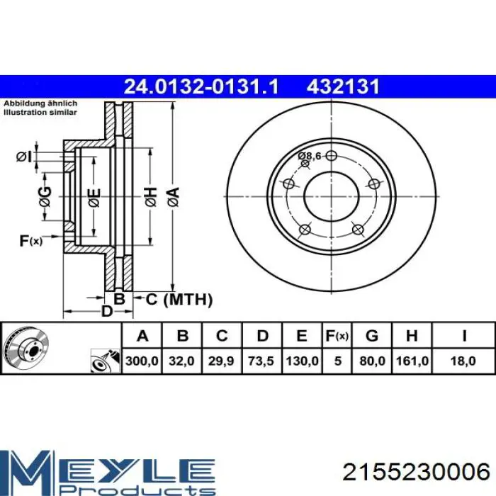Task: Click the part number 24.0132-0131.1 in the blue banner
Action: [x=201, y=86]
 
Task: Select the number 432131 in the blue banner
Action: [x=343, y=86]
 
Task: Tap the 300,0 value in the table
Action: [x=142, y=361]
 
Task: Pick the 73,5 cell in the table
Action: [x=261, y=361]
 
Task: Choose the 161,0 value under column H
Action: [x=412, y=361]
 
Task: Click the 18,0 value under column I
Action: [x=463, y=361]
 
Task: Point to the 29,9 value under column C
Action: [x=221, y=361]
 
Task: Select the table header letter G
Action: [x=372, y=336]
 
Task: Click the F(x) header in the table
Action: [x=337, y=336]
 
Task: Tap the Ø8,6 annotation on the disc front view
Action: [x=310, y=156]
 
